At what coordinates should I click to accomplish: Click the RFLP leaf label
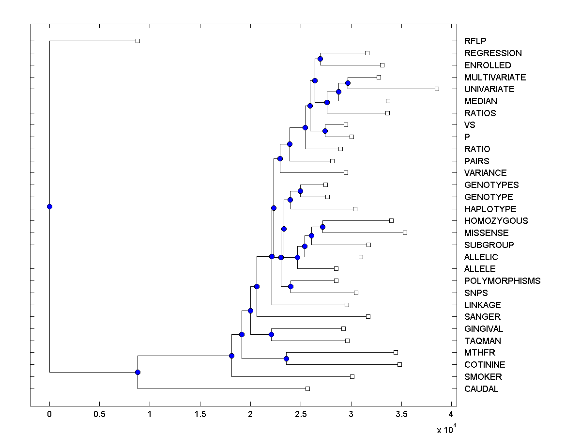click(474, 41)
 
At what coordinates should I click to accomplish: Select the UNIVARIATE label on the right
click(489, 89)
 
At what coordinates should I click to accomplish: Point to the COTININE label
click(484, 365)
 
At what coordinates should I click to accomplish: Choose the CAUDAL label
click(481, 389)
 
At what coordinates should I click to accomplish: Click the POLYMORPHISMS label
click(502, 281)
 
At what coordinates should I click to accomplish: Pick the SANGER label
click(482, 317)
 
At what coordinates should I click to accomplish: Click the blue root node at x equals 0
click(49, 206)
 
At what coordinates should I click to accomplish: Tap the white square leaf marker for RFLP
click(138, 41)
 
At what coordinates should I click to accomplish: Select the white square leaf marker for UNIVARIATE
click(437, 89)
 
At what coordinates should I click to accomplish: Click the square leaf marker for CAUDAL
click(307, 389)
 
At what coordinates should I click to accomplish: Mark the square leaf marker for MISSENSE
click(405, 233)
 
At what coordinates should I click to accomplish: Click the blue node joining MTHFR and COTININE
click(286, 358)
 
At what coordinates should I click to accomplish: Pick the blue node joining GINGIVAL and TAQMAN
click(271, 334)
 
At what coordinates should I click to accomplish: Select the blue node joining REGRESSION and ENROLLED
click(320, 59)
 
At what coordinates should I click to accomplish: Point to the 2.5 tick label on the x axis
click(301, 414)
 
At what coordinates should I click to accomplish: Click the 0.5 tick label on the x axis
click(100, 414)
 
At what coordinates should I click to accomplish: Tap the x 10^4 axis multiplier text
click(445, 429)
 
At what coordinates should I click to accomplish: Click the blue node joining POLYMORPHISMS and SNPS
click(290, 286)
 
